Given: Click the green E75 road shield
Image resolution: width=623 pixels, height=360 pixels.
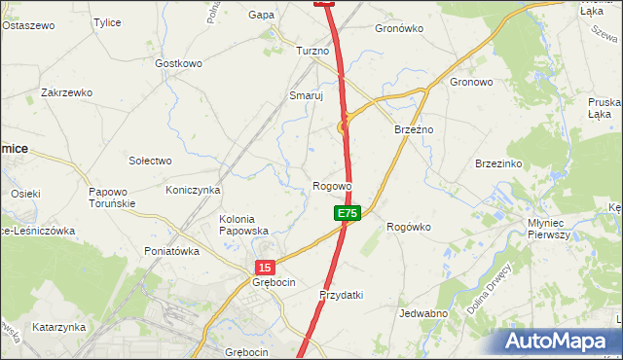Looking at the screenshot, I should click(348, 213).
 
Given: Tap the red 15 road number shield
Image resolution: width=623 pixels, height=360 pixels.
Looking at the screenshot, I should click(267, 267).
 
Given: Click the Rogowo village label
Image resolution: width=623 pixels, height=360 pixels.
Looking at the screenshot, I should click(332, 186).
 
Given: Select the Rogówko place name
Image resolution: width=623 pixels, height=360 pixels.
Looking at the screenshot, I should click(409, 227).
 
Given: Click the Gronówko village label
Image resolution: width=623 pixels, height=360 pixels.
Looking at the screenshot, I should click(399, 28).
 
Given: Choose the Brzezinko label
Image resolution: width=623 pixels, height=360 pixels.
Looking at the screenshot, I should click(499, 164).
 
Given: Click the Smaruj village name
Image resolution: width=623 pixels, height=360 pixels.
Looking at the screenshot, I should click(306, 96).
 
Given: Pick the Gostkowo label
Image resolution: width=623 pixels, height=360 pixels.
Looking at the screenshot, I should click(178, 63).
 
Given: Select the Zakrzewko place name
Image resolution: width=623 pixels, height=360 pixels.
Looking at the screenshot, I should click(66, 92).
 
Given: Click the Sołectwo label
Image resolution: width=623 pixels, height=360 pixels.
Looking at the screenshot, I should click(150, 161).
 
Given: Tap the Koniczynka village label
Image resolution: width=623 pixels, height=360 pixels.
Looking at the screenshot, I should click(193, 190).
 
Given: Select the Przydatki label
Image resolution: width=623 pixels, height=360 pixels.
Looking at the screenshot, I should click(341, 295).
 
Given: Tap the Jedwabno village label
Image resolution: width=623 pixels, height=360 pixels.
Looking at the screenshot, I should click(423, 313).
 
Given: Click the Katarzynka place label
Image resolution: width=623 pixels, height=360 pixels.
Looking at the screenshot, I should click(58, 327).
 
